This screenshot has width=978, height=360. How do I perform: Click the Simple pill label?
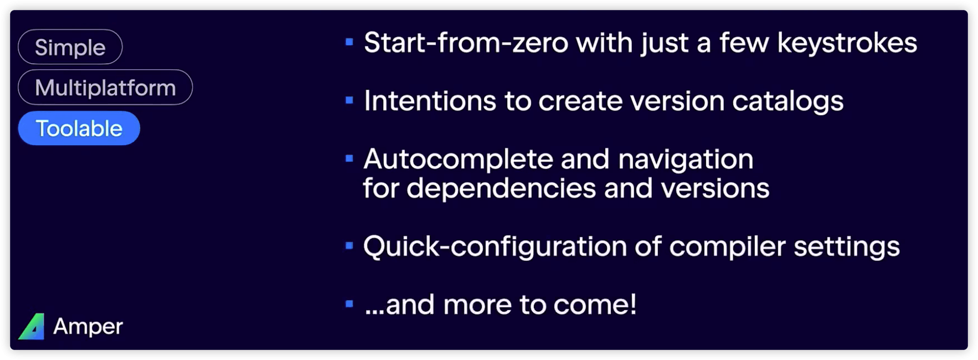(x=70, y=47)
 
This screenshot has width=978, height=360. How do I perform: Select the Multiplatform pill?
(x=105, y=88)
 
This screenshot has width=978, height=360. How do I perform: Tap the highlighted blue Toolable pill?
(x=79, y=128)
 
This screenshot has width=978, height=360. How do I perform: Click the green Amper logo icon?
(x=32, y=326)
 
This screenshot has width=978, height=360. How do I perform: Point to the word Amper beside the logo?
(x=88, y=326)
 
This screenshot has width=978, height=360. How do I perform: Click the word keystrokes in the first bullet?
(x=847, y=43)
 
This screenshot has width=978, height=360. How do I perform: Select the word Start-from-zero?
(x=466, y=43)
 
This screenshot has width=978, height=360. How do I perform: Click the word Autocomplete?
(x=458, y=160)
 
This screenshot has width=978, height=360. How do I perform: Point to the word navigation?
(x=686, y=160)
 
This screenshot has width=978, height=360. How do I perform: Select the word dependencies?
(x=501, y=188)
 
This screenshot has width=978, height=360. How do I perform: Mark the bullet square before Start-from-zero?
(x=349, y=42)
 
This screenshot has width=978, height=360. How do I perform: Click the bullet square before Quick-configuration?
(x=349, y=245)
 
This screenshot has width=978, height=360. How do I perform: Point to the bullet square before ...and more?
(x=349, y=304)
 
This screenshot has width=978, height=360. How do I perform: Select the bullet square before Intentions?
(x=349, y=100)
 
